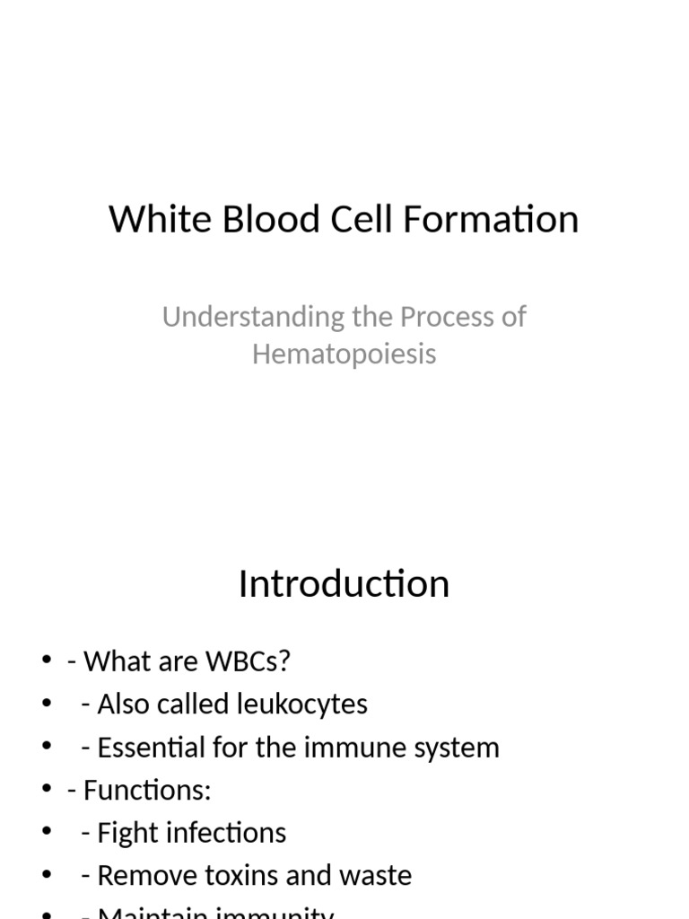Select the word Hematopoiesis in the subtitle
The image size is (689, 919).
pos(344,354)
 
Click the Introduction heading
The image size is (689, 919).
pos(344,584)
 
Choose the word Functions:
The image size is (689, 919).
pos(147,791)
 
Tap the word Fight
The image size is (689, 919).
pos(123,833)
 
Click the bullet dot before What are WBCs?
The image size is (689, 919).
pos(47,662)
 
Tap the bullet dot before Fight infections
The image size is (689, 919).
pos(47,833)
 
